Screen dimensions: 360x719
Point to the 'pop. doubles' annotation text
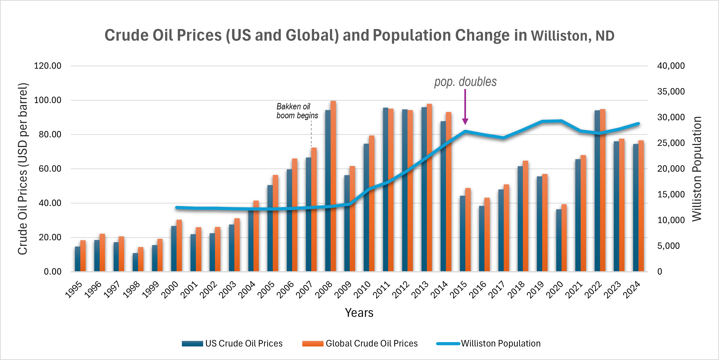pyautogui.click(x=465, y=82)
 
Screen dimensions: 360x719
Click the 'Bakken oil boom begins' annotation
pyautogui.click(x=297, y=111)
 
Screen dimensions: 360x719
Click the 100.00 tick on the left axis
pyautogui.click(x=47, y=100)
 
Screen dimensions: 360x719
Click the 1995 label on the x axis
pyautogui.click(x=74, y=290)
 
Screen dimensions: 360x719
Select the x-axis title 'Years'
pyautogui.click(x=359, y=313)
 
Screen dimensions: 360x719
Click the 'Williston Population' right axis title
pyautogui.click(x=697, y=169)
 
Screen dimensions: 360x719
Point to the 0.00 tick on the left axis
pyautogui.click(x=52, y=271)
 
